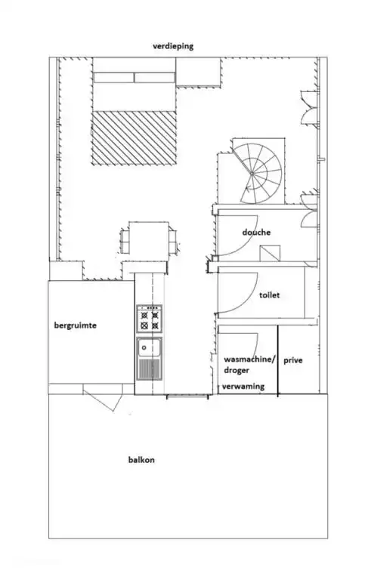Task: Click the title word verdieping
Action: point(173,46)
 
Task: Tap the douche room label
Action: point(256,233)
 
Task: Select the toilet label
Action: point(269,295)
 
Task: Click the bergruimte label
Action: point(76,325)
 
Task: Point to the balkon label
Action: point(141,459)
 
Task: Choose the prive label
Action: point(293,361)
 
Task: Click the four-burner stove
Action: point(149,318)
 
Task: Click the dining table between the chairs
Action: point(148,239)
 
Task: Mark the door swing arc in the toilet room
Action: point(234,291)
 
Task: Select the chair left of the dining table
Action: point(123,240)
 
